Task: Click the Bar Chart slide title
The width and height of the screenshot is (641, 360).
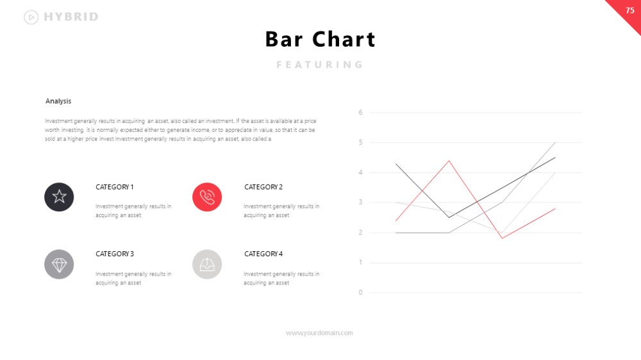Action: point(320,39)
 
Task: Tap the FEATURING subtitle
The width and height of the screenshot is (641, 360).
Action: point(320,65)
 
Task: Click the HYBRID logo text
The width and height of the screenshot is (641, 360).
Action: point(71,17)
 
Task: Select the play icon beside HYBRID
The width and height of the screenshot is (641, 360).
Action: point(31,17)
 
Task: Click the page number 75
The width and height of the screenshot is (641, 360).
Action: point(630,10)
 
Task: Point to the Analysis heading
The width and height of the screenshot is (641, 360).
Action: point(58,101)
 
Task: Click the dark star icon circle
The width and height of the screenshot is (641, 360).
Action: point(59,197)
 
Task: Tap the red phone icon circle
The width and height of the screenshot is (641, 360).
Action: point(207,197)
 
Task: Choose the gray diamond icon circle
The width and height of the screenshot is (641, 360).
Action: point(59,265)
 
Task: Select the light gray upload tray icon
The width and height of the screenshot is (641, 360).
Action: point(207,265)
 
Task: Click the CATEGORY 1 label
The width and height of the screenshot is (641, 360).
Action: point(115,187)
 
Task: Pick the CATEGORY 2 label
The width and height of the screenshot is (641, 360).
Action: point(263,187)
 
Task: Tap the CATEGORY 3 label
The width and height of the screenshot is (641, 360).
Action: point(115,254)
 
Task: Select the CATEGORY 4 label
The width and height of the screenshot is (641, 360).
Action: point(263,254)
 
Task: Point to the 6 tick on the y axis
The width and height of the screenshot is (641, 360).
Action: point(360,112)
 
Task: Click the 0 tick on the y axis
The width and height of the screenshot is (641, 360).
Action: point(360,292)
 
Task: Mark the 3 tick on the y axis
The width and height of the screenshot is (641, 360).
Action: point(360,202)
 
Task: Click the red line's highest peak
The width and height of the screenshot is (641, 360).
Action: point(449,161)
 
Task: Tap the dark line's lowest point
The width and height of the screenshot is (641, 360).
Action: point(449,217)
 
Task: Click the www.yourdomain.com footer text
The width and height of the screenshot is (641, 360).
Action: point(319,333)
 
